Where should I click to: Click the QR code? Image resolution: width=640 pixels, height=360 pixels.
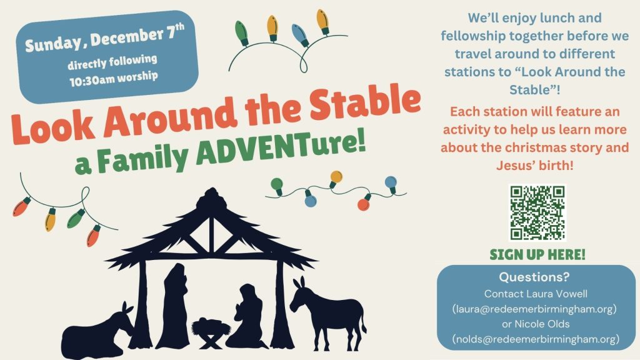tap(537, 212)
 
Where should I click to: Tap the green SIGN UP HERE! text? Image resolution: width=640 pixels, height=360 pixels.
tap(537, 255)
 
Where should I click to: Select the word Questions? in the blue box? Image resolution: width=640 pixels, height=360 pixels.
tap(534, 277)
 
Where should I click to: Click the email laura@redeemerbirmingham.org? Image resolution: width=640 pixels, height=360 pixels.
tap(534, 309)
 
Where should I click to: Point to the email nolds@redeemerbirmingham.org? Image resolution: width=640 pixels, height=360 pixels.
tap(536, 339)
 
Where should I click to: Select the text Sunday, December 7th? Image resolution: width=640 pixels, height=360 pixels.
tap(105, 37)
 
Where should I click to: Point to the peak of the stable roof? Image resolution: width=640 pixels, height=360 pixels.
tap(211, 189)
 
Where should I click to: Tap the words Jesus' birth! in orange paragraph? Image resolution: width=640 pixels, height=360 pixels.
tap(535, 166)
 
